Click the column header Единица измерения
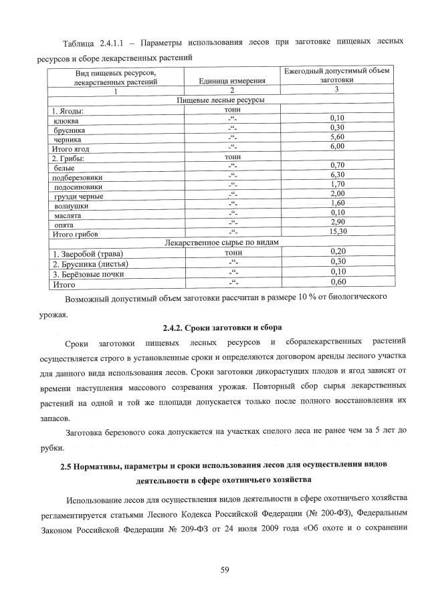[x=229, y=82]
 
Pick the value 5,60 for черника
[x=336, y=137]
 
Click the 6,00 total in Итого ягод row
[x=336, y=146]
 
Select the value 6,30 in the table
[x=336, y=174]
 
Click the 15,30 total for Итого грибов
[x=336, y=231]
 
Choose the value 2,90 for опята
[x=337, y=222]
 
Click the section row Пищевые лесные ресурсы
[x=220, y=100]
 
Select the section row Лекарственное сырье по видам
[x=221, y=242]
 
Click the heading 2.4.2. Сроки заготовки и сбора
[x=223, y=328]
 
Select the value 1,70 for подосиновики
[x=337, y=184]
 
